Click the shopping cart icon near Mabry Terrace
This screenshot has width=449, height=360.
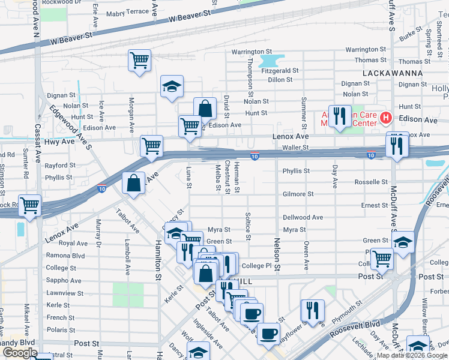[x=139, y=60]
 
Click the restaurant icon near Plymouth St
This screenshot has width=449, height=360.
[x=312, y=310]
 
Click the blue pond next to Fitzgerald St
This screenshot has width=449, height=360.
[x=272, y=61]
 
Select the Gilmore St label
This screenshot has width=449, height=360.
[x=298, y=194]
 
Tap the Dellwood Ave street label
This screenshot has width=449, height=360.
[x=303, y=217]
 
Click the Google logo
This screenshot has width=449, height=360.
[x=20, y=353]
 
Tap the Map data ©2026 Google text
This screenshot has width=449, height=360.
[x=412, y=355]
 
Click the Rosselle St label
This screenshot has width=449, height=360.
[x=372, y=182]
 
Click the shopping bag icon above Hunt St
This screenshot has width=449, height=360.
[x=205, y=109]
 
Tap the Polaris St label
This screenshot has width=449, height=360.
[x=60, y=330]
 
